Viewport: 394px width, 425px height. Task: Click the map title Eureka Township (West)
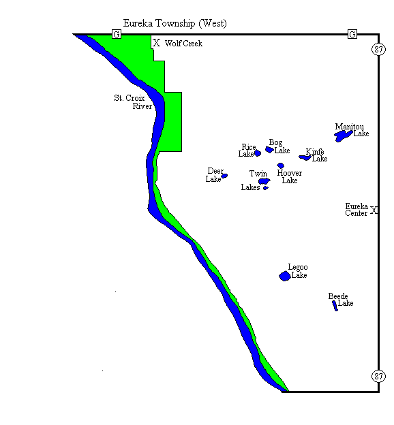point(175,24)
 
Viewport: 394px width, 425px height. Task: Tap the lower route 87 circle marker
point(379,375)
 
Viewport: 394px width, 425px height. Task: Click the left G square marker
point(116,34)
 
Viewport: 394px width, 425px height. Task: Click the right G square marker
point(352,34)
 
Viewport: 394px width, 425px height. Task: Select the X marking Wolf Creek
point(156,42)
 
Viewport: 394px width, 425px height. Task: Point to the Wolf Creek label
point(183,44)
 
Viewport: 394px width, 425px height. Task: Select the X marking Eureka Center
point(374,211)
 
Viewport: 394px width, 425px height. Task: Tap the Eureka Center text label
point(357,209)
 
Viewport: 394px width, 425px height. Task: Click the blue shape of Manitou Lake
point(343,136)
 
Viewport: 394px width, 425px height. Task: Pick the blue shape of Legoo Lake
point(284,276)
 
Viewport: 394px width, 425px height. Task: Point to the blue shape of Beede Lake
point(335,305)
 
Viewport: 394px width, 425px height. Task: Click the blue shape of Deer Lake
point(224,176)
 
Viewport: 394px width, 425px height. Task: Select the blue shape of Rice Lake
point(258,153)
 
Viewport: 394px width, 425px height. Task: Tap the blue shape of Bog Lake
point(269,149)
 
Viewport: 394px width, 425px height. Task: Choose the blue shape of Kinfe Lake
point(305,158)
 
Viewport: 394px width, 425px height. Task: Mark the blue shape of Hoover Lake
point(280,166)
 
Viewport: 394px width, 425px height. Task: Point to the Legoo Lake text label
point(298,271)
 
